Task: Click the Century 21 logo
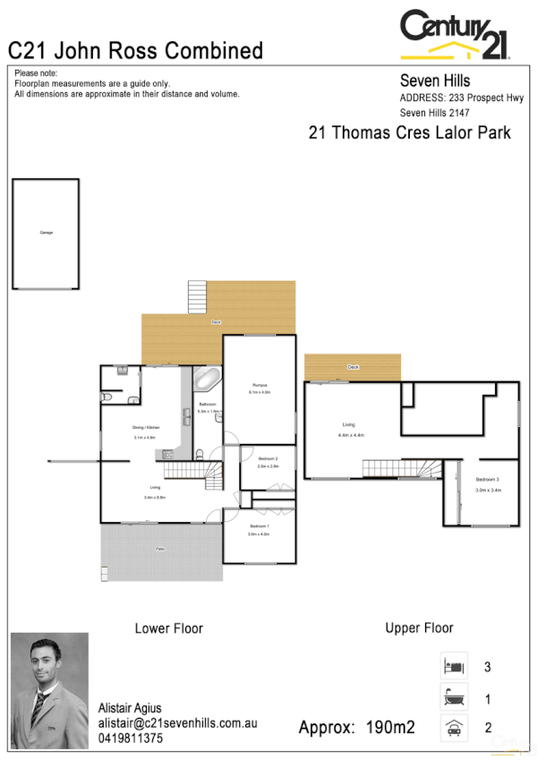click(x=455, y=34)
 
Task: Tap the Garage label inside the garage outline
click(x=46, y=233)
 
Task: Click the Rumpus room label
click(x=259, y=384)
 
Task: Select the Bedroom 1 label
click(x=259, y=525)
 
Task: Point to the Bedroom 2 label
click(x=268, y=458)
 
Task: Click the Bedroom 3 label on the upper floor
click(x=488, y=481)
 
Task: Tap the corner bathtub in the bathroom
click(x=207, y=379)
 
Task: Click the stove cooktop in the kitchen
click(x=167, y=455)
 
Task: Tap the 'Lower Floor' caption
click(x=168, y=628)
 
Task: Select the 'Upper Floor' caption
click(x=419, y=628)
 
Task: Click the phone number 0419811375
click(x=131, y=739)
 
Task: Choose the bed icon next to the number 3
click(x=453, y=667)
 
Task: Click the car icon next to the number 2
click(x=453, y=728)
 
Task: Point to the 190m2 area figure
click(x=390, y=727)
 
